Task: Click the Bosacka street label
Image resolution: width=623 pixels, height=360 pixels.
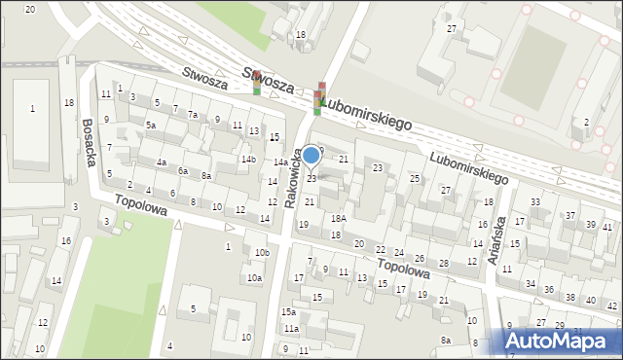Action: point(89,143)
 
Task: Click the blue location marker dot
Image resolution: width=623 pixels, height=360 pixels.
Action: point(311,155)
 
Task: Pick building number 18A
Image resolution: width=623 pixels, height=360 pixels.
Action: point(338,219)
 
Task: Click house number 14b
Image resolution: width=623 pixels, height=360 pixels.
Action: point(248,159)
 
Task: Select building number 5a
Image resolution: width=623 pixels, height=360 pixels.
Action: point(151,126)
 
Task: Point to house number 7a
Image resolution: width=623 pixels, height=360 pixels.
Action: point(193,115)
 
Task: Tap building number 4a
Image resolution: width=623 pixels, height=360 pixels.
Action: point(163,162)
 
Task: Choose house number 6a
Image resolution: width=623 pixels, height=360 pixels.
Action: point(182,170)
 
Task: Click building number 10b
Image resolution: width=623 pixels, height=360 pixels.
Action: point(261,253)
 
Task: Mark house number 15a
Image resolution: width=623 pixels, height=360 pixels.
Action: point(288,312)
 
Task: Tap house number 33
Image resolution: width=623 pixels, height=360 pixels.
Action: point(535,201)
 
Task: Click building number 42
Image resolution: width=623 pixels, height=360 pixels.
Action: point(611,306)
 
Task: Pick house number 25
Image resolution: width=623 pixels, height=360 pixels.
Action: point(414,179)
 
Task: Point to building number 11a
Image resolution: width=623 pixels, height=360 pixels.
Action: point(290,329)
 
